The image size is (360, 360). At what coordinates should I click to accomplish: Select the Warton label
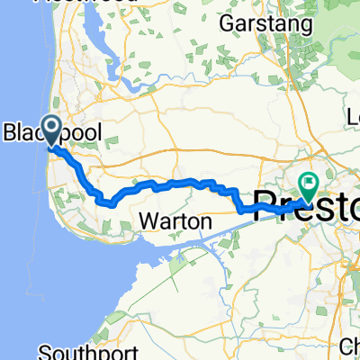click(176, 221)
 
